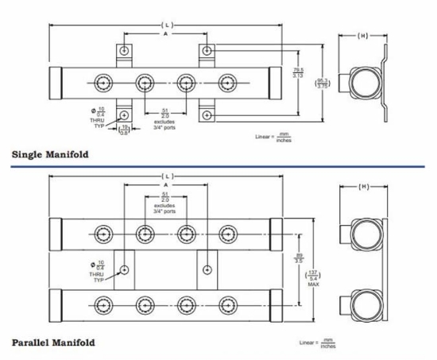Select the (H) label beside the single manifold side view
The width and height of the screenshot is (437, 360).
[362, 36]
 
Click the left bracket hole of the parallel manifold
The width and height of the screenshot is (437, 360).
[125, 269]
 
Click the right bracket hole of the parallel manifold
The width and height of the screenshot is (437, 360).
[207, 269]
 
